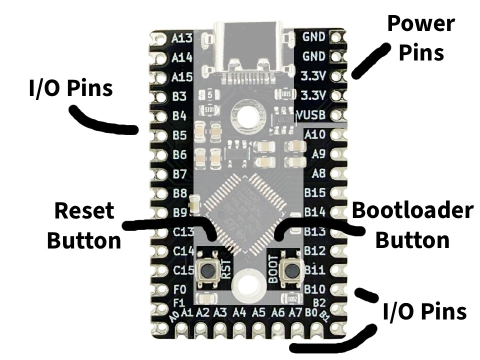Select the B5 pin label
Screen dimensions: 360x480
point(179,135)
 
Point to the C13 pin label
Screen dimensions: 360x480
point(182,232)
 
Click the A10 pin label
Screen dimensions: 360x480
point(315,135)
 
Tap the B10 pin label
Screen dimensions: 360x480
point(315,289)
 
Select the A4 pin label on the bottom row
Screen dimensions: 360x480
point(239,313)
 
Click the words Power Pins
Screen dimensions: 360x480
point(421,37)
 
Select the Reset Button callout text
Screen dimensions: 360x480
point(83,226)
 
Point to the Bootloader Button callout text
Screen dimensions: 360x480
point(412,226)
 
